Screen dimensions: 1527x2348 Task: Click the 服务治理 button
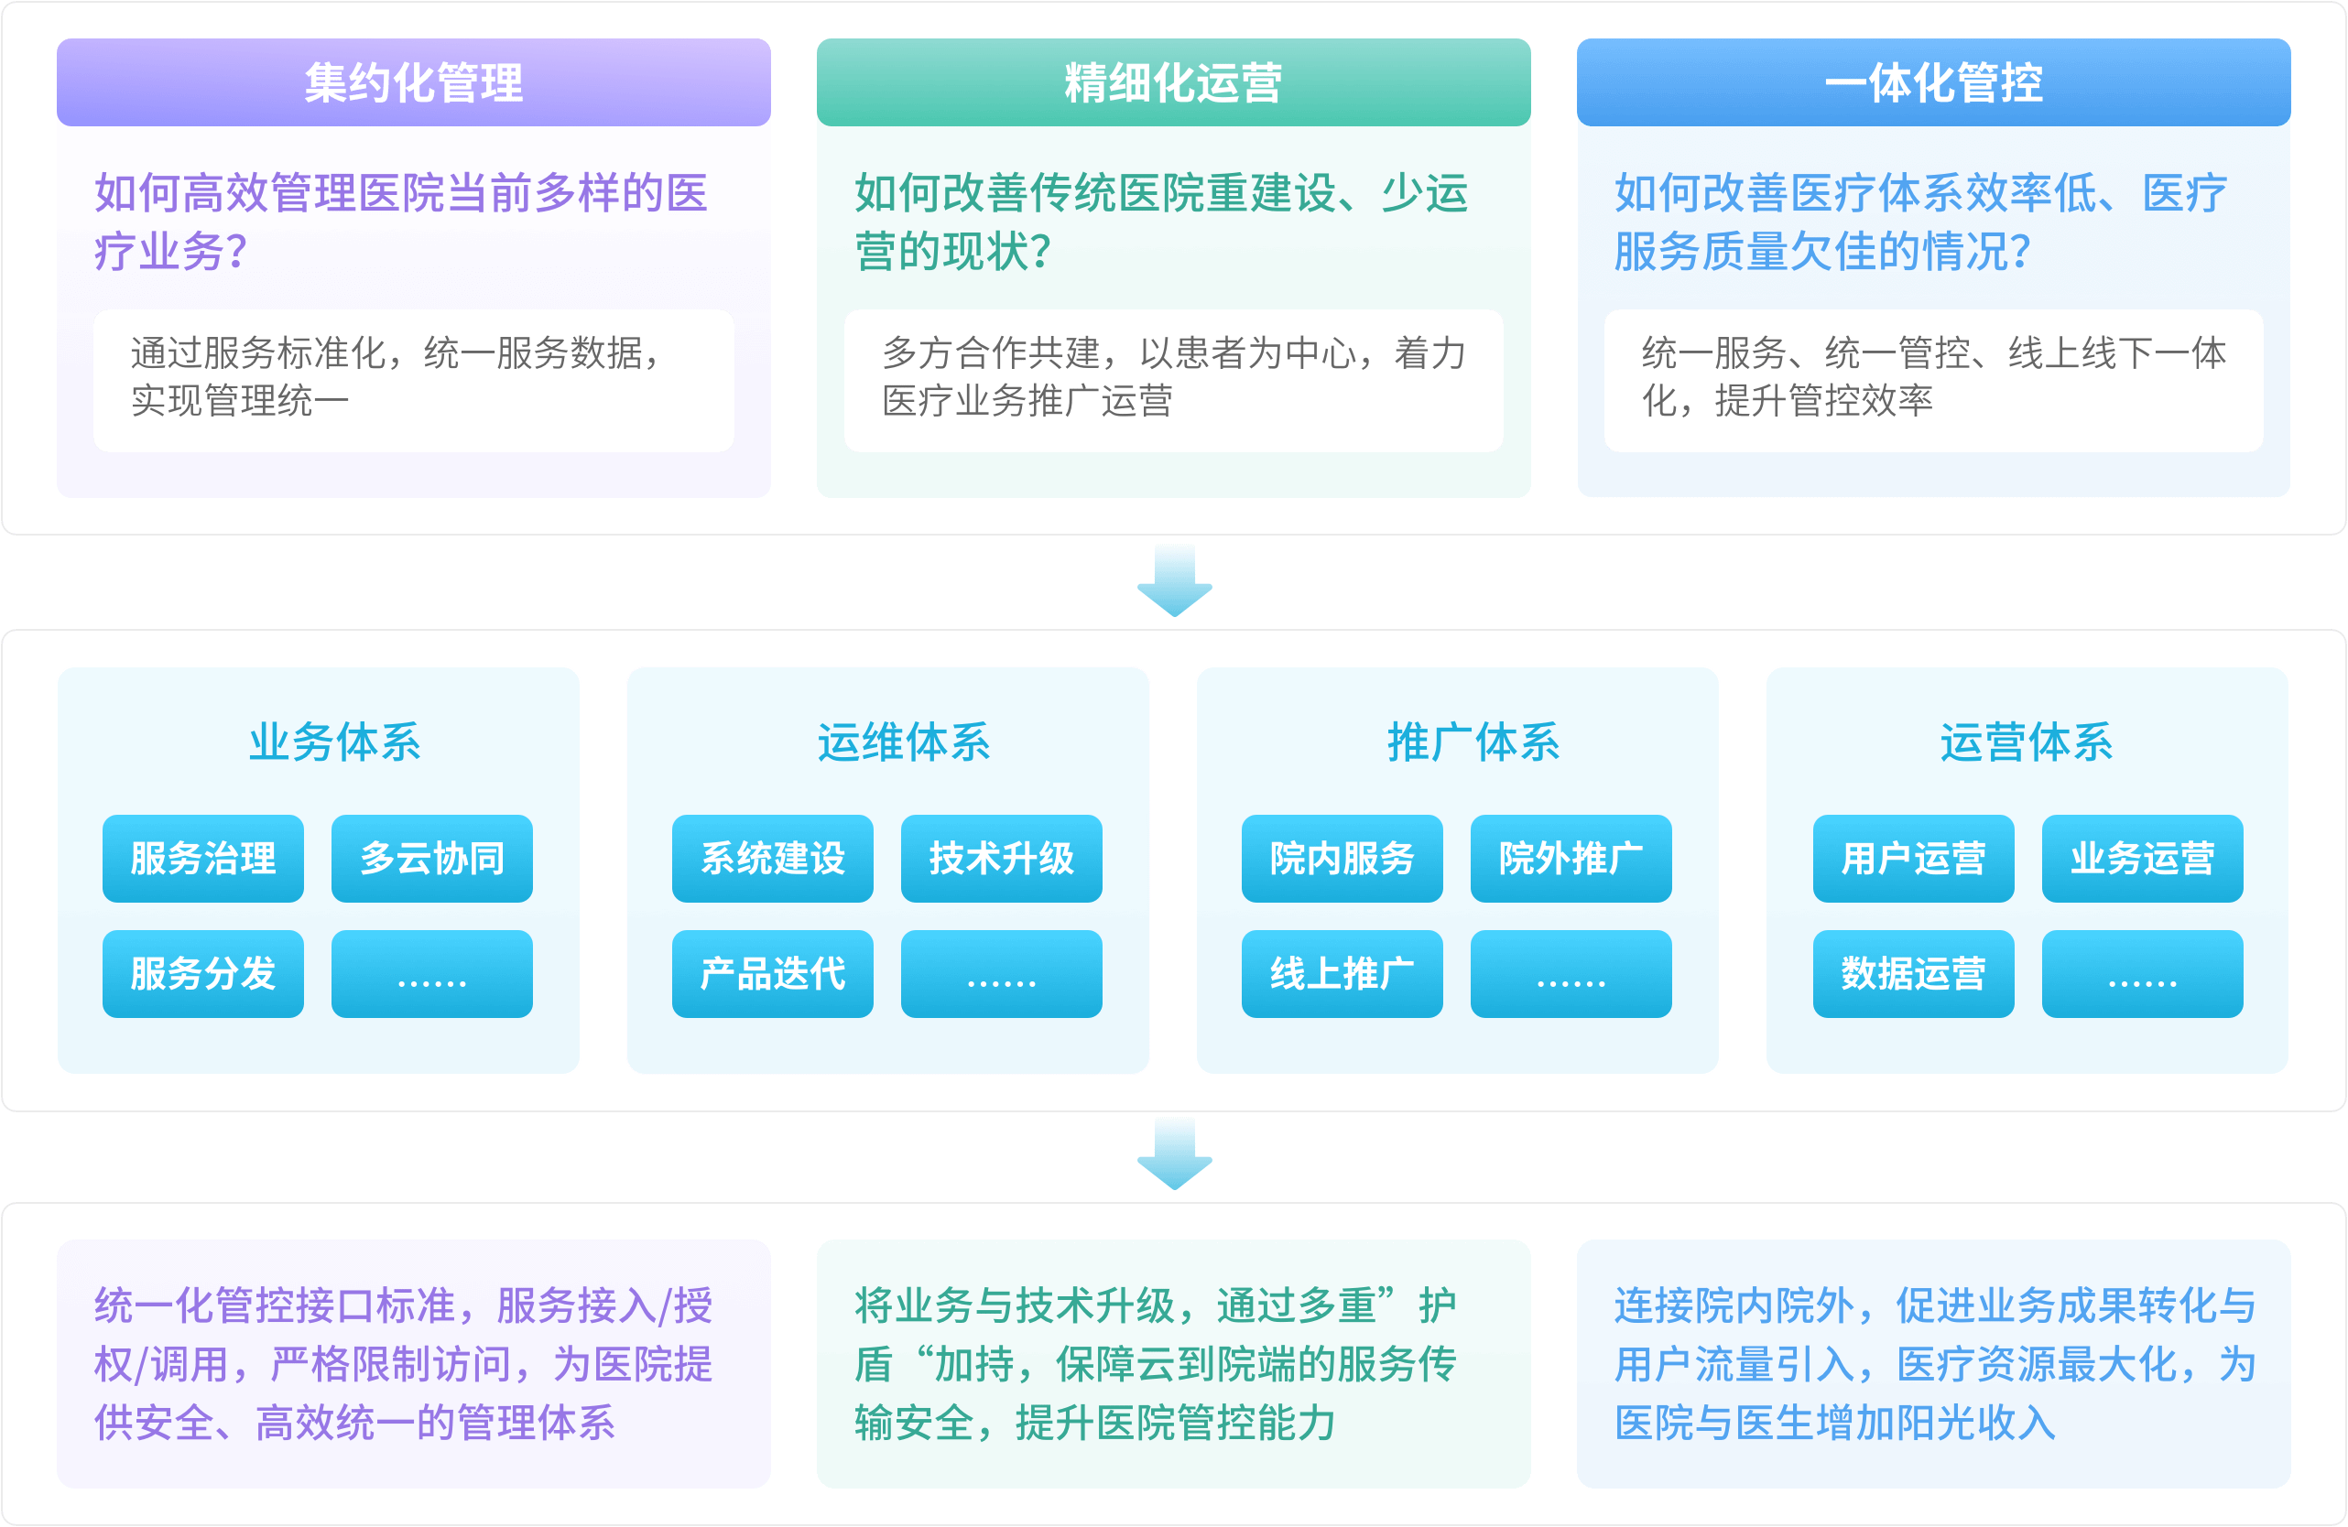203,858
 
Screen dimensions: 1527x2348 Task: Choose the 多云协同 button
432,858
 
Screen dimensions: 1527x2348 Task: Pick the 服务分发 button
203,974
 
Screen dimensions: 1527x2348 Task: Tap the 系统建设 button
773,858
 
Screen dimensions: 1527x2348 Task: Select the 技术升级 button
1001,858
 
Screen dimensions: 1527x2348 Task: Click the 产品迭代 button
773,974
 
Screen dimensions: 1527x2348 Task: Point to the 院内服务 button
1342,858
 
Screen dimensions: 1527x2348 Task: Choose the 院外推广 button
1571,858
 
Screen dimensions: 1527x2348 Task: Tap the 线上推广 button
1342,974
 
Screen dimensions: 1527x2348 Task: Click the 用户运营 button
1913,858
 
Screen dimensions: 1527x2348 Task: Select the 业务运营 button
2142,858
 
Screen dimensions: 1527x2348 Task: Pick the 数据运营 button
1913,974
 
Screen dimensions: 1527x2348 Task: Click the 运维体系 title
903,742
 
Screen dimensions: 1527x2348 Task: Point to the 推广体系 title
1473,742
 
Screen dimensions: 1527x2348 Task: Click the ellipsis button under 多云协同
432,974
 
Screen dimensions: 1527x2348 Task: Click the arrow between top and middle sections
1174,581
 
